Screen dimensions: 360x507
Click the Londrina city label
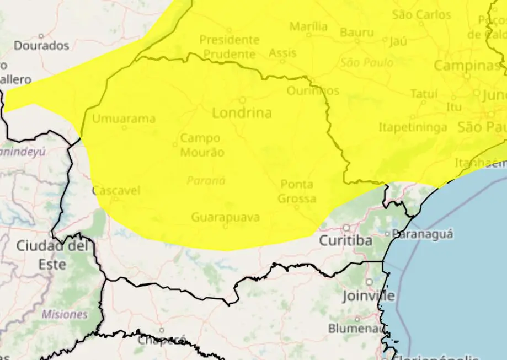pyautogui.click(x=242, y=113)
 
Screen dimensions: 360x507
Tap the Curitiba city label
pyautogui.click(x=345, y=241)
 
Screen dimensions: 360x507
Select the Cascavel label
pyautogui.click(x=116, y=191)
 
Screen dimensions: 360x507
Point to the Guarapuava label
pyautogui.click(x=225, y=217)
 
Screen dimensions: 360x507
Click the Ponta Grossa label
pyautogui.click(x=297, y=191)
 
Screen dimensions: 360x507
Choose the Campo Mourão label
pyautogui.click(x=202, y=145)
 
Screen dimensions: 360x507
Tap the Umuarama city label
pyautogui.click(x=124, y=119)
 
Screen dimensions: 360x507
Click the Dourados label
pyautogui.click(x=41, y=45)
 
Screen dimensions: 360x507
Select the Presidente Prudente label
pyautogui.click(x=229, y=47)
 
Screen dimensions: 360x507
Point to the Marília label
pyautogui.click(x=308, y=26)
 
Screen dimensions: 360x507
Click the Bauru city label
pyautogui.click(x=356, y=32)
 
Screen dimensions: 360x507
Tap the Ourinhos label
pyautogui.click(x=313, y=90)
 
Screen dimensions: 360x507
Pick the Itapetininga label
pyautogui.click(x=413, y=127)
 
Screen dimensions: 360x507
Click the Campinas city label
pyautogui.click(x=466, y=66)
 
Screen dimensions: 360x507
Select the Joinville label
pyautogui.click(x=368, y=296)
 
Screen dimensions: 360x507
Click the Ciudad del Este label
pyautogui.click(x=52, y=254)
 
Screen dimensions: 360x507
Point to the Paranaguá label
pyautogui.click(x=423, y=234)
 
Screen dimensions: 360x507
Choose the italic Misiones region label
pyautogui.click(x=65, y=314)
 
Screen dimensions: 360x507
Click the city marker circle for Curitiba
pyautogui.click(x=346, y=227)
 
